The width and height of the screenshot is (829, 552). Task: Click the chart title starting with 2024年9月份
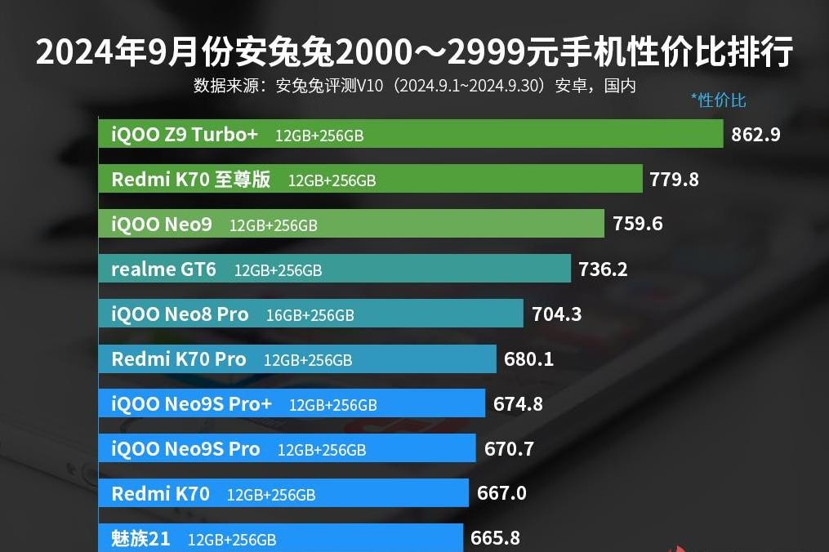[x=414, y=52]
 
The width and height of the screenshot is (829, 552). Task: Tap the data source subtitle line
[x=414, y=86]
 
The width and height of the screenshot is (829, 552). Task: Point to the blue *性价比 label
[x=718, y=100]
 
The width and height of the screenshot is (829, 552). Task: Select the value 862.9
[x=755, y=135]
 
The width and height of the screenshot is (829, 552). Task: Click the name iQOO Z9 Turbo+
[x=185, y=135]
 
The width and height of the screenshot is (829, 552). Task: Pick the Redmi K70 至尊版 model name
[x=190, y=180]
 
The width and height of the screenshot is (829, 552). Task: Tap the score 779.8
[x=674, y=180]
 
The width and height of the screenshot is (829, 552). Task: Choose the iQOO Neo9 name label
[x=162, y=225]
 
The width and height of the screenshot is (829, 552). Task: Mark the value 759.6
[x=637, y=224]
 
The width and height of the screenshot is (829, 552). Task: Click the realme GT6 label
[x=163, y=269]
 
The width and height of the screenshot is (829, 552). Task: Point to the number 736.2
[x=603, y=269]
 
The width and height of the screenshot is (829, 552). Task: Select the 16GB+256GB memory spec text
[x=310, y=314]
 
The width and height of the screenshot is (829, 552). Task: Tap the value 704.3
[x=556, y=314]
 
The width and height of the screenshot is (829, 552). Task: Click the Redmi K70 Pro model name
[x=178, y=359]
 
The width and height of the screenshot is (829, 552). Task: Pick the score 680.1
[x=529, y=358]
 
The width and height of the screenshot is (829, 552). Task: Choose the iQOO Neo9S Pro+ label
[x=191, y=404]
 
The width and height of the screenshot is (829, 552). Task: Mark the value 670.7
[x=509, y=448]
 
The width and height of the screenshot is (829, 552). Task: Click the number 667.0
[x=501, y=493]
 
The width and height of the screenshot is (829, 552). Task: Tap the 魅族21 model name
[x=140, y=539]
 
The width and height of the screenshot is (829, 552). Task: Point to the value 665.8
[x=495, y=538]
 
